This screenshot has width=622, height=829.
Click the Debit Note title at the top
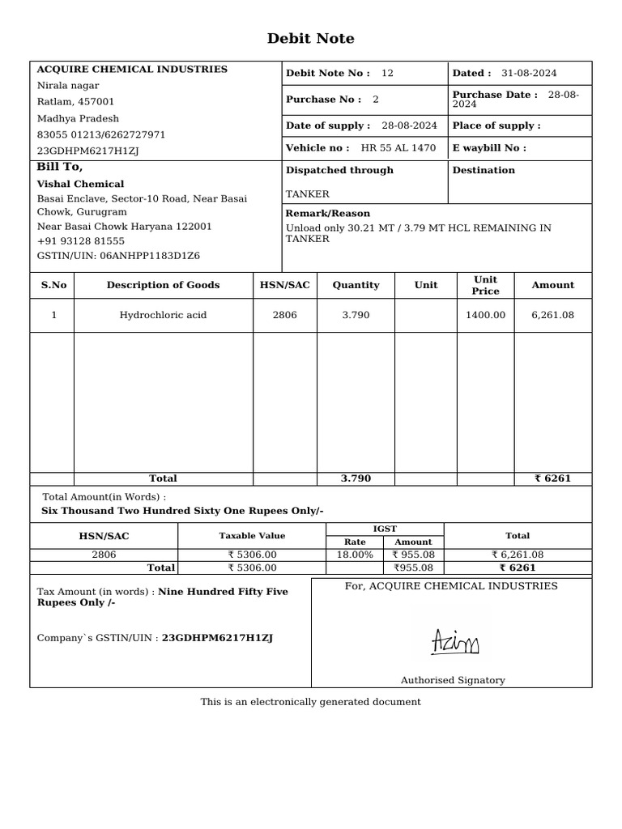coord(310,39)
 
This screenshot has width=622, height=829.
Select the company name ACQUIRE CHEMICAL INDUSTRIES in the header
coord(132,70)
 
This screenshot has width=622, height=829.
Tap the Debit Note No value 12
coord(387,74)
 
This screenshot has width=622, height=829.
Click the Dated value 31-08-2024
coord(529,74)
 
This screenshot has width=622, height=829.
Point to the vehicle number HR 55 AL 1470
coord(398,148)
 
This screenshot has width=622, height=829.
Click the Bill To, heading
coord(60,167)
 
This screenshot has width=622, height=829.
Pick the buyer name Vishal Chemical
coord(80,184)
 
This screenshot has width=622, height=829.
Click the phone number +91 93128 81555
coord(81,241)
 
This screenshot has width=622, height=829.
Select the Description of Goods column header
coord(163,285)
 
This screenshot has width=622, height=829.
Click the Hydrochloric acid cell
coord(163,315)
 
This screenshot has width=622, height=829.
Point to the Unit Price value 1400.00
coord(485,315)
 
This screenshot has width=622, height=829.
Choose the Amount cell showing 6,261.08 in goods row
coord(552,315)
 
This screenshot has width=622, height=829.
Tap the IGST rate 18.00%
coord(355,555)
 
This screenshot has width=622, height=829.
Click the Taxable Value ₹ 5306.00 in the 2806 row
coord(252,555)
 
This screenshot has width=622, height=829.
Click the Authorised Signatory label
coord(452,680)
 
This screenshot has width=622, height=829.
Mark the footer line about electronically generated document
coord(310,702)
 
